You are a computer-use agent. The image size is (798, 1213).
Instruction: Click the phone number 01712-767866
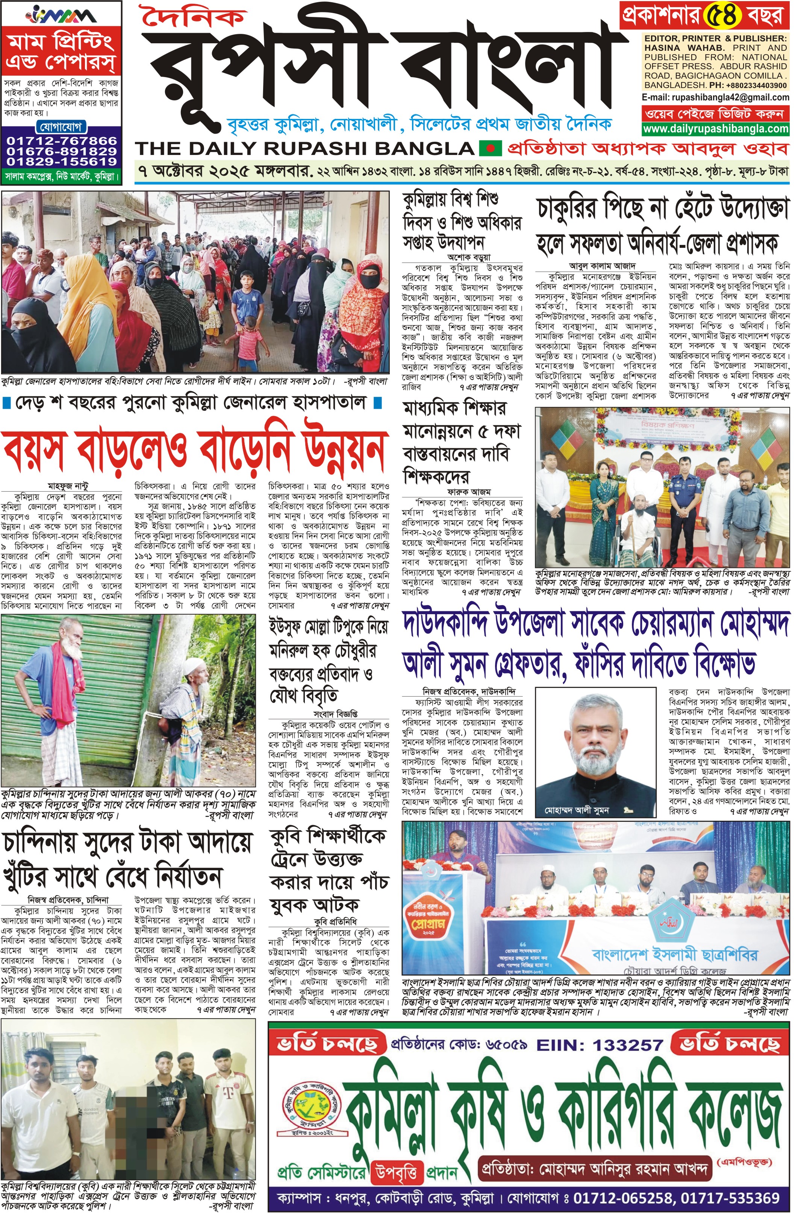tap(61, 141)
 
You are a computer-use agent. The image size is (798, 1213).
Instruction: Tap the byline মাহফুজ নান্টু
tap(68, 486)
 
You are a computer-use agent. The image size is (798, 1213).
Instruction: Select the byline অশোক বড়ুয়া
tap(469, 257)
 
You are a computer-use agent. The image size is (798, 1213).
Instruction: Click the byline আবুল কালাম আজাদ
tap(595, 266)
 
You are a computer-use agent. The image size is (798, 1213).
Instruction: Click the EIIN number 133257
tap(627, 1045)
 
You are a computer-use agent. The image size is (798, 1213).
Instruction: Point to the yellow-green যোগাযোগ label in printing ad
tap(61, 126)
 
